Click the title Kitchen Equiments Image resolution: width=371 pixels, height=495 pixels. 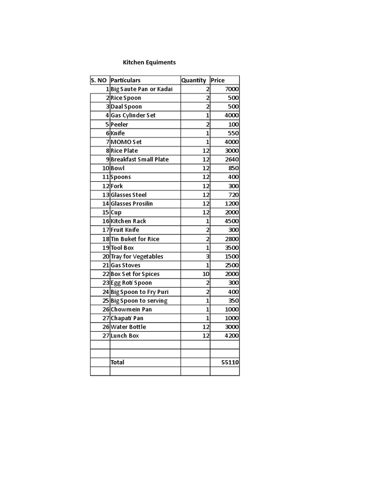(x=149, y=62)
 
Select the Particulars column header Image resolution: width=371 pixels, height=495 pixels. (x=125, y=80)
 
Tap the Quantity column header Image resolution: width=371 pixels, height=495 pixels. (x=193, y=80)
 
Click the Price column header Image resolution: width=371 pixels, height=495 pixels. (x=217, y=80)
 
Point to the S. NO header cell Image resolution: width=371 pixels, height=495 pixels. (x=99, y=80)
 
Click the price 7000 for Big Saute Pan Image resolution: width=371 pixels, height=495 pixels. (x=232, y=89)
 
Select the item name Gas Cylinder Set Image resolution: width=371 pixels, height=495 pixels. (x=133, y=116)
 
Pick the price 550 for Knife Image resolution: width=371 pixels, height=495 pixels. (x=233, y=133)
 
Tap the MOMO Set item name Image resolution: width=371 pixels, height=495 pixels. (x=126, y=142)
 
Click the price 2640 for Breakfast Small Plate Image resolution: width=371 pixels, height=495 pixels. (x=232, y=160)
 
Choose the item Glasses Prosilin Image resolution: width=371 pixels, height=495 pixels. (x=131, y=204)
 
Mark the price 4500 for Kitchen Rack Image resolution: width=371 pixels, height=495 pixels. (x=232, y=221)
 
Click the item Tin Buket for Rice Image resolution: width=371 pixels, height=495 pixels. (x=135, y=239)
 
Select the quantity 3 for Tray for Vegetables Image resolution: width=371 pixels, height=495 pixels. (x=207, y=256)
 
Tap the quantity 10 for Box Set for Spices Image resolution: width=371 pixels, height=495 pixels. (x=206, y=274)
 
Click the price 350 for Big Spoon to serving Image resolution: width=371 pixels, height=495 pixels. (x=233, y=301)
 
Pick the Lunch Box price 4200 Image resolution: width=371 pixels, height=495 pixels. (x=232, y=335)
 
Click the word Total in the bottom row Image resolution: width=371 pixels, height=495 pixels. (x=117, y=362)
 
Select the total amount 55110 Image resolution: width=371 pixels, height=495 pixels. (x=230, y=362)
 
